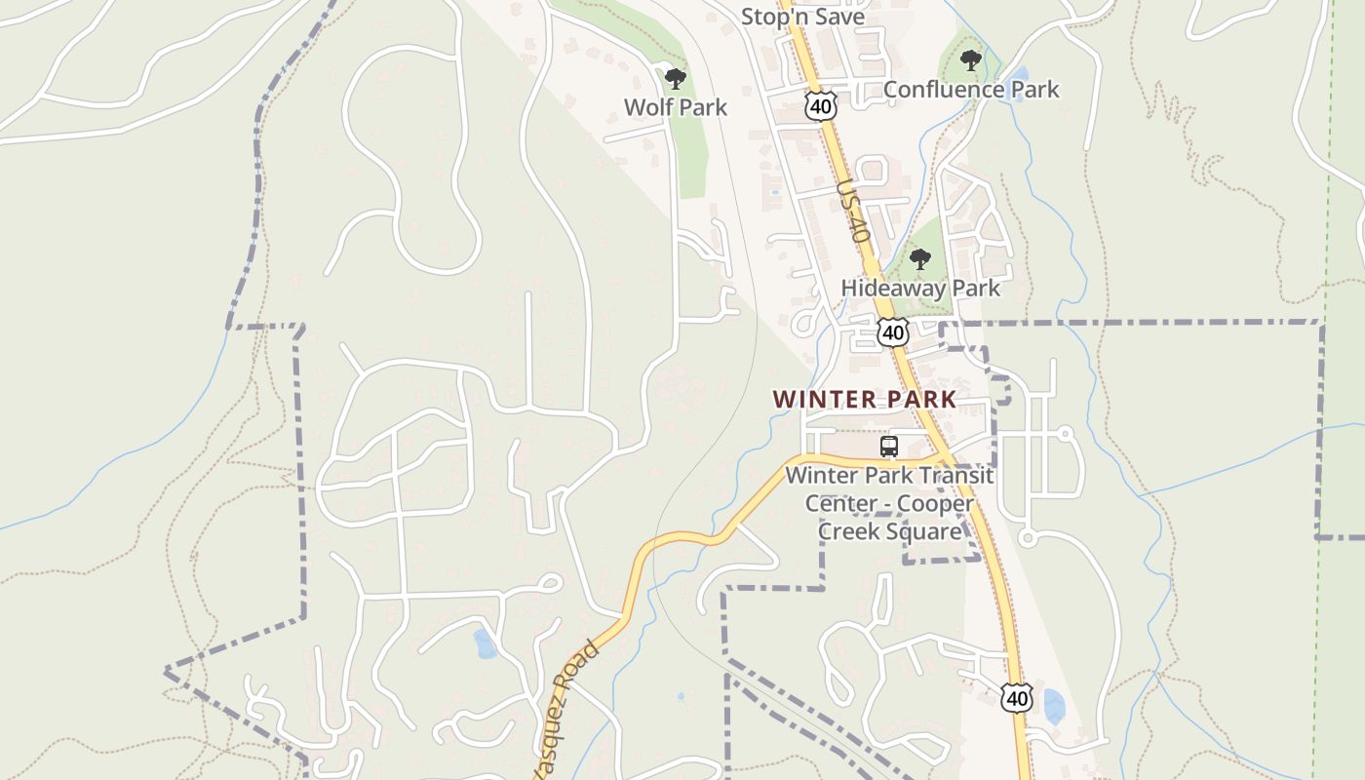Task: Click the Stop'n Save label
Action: pyautogui.click(x=802, y=17)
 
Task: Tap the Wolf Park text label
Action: pyautogui.click(x=676, y=107)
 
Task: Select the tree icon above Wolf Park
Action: pyautogui.click(x=675, y=79)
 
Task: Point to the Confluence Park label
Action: pyautogui.click(x=970, y=90)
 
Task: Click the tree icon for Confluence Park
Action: pyautogui.click(x=970, y=60)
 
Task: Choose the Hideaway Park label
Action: pyautogui.click(x=920, y=289)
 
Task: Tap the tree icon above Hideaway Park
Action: pyautogui.click(x=919, y=259)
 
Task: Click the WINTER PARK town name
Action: pyautogui.click(x=865, y=400)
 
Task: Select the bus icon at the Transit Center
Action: pyautogui.click(x=889, y=447)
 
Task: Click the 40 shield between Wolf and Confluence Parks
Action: pyautogui.click(x=821, y=106)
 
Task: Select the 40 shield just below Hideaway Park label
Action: pyautogui.click(x=892, y=332)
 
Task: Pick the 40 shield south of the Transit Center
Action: pyautogui.click(x=1016, y=698)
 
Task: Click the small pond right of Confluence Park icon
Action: pyautogui.click(x=1019, y=73)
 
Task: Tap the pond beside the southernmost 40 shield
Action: pyautogui.click(x=1053, y=707)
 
